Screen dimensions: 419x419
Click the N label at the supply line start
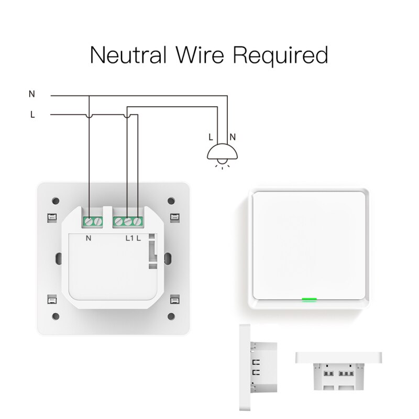click(32, 94)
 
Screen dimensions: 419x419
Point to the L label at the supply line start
click(32, 115)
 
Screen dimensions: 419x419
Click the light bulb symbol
click(223, 153)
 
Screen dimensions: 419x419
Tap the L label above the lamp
click(211, 137)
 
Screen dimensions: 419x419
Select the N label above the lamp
click(233, 137)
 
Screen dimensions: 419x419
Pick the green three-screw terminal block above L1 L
click(128, 222)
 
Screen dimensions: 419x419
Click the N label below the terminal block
click(88, 238)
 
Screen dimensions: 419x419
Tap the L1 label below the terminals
click(129, 238)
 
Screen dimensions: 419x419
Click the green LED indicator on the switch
click(309, 301)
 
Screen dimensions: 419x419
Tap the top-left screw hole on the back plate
click(54, 201)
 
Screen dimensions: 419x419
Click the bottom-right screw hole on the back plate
click(171, 316)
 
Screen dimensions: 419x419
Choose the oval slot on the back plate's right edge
click(168, 258)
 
